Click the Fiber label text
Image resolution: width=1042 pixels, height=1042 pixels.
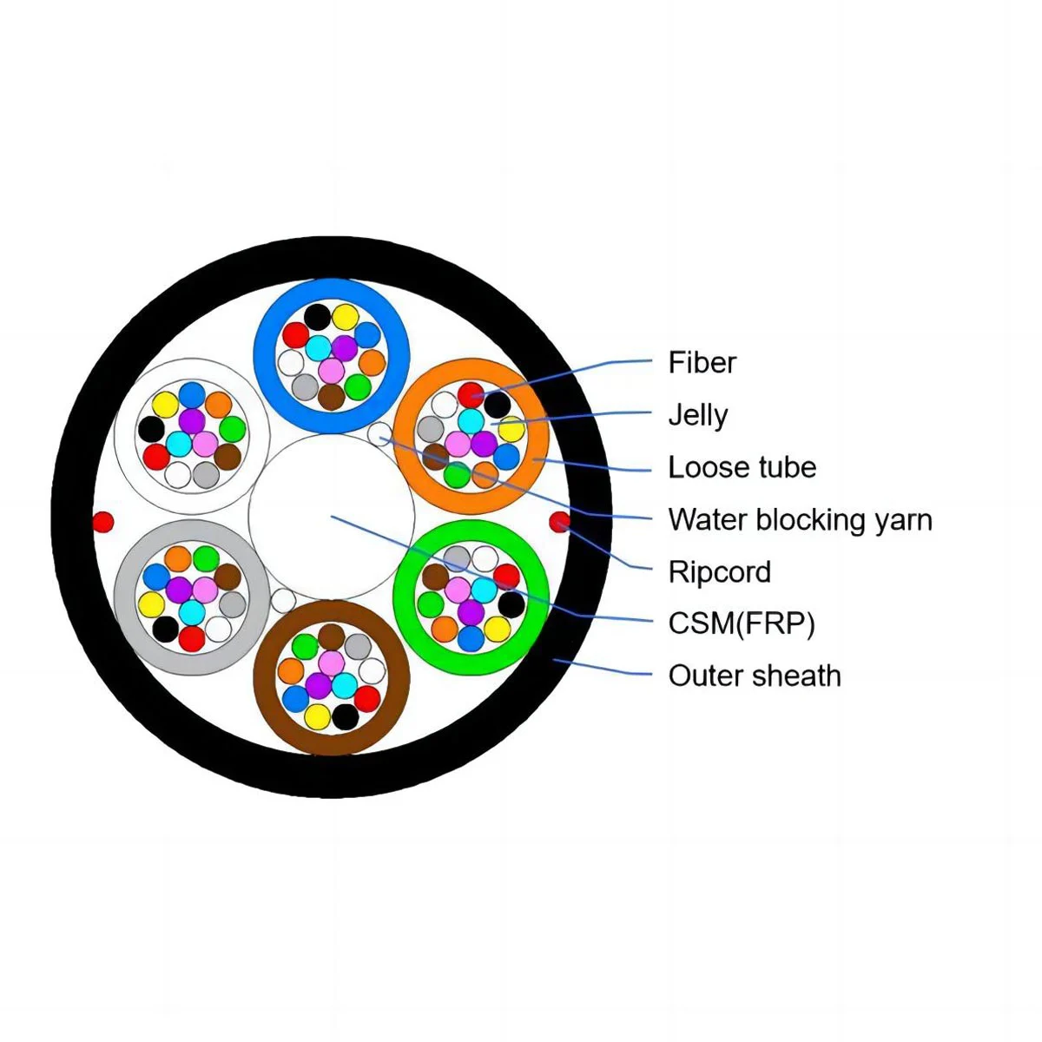tap(702, 362)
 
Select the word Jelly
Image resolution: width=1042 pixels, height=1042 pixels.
tap(697, 415)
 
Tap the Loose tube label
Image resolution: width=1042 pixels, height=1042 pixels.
tap(742, 467)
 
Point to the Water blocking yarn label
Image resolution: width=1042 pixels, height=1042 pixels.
tap(800, 519)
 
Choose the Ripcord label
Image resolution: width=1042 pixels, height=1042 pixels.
tap(719, 571)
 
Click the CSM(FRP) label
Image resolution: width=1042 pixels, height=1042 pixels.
tap(741, 623)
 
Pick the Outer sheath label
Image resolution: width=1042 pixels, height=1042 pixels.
tap(754, 676)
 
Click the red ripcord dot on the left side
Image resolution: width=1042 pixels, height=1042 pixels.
tap(103, 522)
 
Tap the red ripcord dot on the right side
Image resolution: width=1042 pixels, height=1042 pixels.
tap(560, 522)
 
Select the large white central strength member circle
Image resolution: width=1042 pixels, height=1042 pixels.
tap(331, 518)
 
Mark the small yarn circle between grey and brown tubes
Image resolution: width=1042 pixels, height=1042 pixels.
tap(282, 600)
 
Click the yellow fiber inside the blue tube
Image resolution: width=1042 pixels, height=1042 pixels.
tap(345, 317)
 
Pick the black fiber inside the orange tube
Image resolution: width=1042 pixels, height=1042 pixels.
tap(497, 404)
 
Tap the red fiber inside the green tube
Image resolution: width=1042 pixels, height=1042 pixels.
tap(506, 576)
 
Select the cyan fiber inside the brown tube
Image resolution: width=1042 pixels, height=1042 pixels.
tap(344, 685)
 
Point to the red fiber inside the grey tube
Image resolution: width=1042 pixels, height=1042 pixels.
tap(192, 638)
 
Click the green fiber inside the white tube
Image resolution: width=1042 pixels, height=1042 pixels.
tap(232, 429)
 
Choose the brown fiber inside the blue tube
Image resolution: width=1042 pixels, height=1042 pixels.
tap(331, 396)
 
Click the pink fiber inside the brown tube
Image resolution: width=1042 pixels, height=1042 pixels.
tap(331, 663)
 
